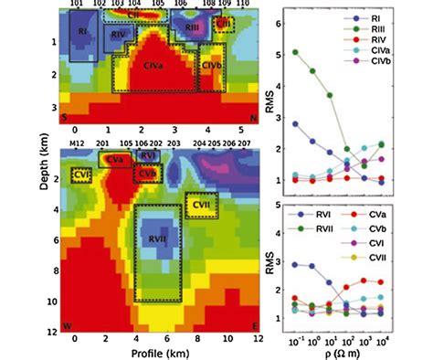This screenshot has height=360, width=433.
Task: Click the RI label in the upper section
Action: click(83, 32)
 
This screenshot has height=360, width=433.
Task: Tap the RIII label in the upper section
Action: click(193, 29)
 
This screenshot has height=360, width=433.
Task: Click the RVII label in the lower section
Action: click(158, 239)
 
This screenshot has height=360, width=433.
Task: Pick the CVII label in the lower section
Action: click(200, 206)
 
